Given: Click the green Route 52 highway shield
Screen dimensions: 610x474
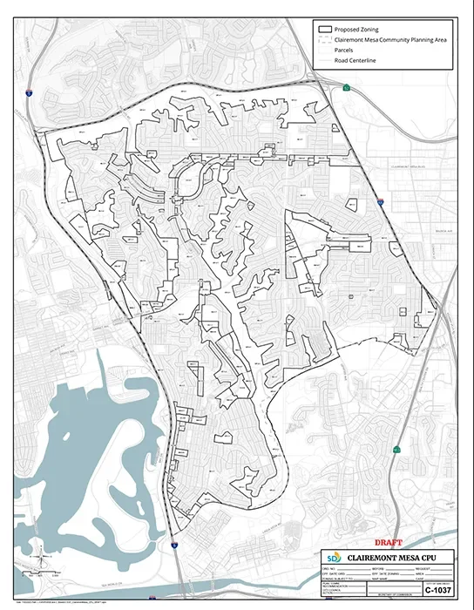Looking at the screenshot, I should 347,87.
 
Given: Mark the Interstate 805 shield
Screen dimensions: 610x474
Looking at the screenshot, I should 381,201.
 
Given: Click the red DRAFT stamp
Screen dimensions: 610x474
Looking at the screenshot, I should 387,543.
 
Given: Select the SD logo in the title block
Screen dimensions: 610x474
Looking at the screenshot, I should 334,557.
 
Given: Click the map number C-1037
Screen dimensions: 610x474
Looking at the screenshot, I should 437,590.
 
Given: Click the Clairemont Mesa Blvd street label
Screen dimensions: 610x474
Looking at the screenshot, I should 406,165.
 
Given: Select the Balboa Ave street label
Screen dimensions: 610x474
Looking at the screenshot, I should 444,231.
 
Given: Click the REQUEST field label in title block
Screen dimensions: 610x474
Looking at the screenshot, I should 430,568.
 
